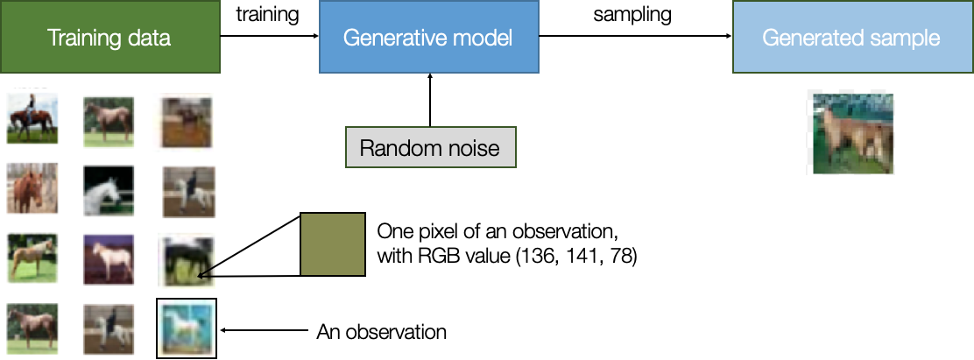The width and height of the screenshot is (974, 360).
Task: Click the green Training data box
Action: pos(109,38)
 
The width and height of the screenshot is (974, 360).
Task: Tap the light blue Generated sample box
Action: pos(850,38)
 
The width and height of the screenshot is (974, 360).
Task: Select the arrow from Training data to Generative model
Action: pos(269,37)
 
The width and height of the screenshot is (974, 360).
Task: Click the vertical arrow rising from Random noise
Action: pos(430,100)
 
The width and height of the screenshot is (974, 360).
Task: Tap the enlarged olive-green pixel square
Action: pos(333,244)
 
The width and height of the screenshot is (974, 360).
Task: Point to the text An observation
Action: pos(381,332)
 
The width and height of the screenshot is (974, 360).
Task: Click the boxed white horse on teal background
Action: pos(186,328)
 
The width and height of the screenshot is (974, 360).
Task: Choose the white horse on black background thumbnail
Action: pos(108,190)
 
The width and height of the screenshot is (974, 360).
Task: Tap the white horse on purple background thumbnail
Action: pos(108,259)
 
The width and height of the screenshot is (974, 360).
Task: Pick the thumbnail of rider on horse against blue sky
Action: pos(32,119)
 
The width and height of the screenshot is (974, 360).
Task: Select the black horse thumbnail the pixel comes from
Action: pos(186,259)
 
